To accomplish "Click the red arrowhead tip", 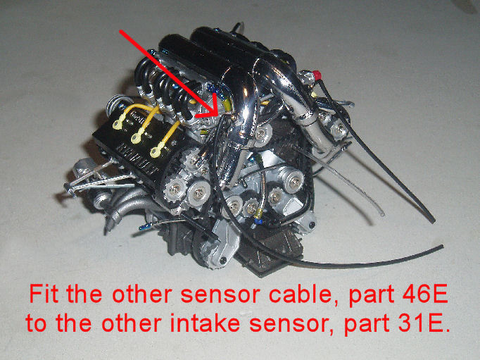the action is [218, 116].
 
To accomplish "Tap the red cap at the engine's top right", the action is [317, 75].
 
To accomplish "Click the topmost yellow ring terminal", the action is [118, 125].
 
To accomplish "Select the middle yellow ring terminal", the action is [137, 139].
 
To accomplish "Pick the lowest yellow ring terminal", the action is [156, 152].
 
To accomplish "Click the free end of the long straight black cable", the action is [432, 220].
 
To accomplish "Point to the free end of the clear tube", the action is [382, 213].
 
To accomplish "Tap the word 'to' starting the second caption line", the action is [36, 323].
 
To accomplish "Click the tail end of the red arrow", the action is [120, 31].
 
